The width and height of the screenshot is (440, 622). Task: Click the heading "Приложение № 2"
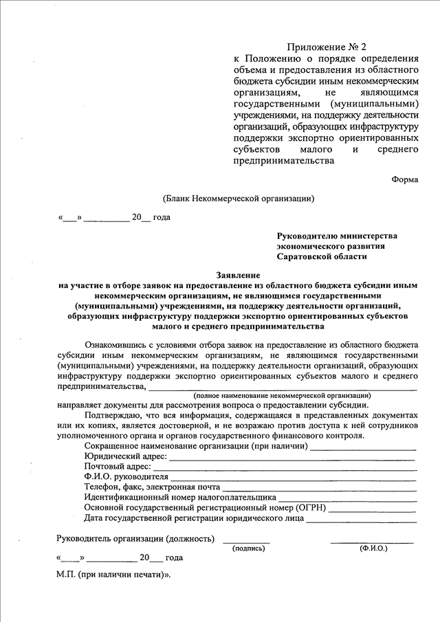(x=324, y=47)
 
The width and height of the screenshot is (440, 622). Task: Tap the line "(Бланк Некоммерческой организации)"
(x=238, y=199)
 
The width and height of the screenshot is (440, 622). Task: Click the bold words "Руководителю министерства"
(x=337, y=236)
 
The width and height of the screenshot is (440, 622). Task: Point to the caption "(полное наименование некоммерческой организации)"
(x=282, y=396)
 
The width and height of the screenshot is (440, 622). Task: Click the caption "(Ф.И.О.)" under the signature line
(x=373, y=548)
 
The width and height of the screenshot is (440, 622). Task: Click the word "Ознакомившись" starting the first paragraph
(x=116, y=344)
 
